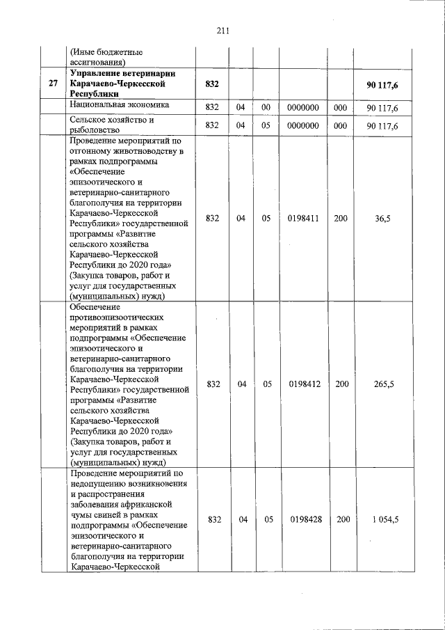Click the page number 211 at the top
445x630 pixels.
click(222, 31)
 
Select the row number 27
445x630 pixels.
click(53, 84)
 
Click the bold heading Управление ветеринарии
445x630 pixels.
click(122, 74)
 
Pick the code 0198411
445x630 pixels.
click(303, 219)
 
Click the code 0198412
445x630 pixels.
click(303, 384)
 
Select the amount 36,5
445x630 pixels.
click(382, 219)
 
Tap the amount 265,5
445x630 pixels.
click(382, 384)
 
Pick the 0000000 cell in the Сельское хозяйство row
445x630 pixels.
click(303, 126)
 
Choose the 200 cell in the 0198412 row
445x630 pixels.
click(341, 384)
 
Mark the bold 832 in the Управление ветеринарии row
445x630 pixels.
click(213, 84)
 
